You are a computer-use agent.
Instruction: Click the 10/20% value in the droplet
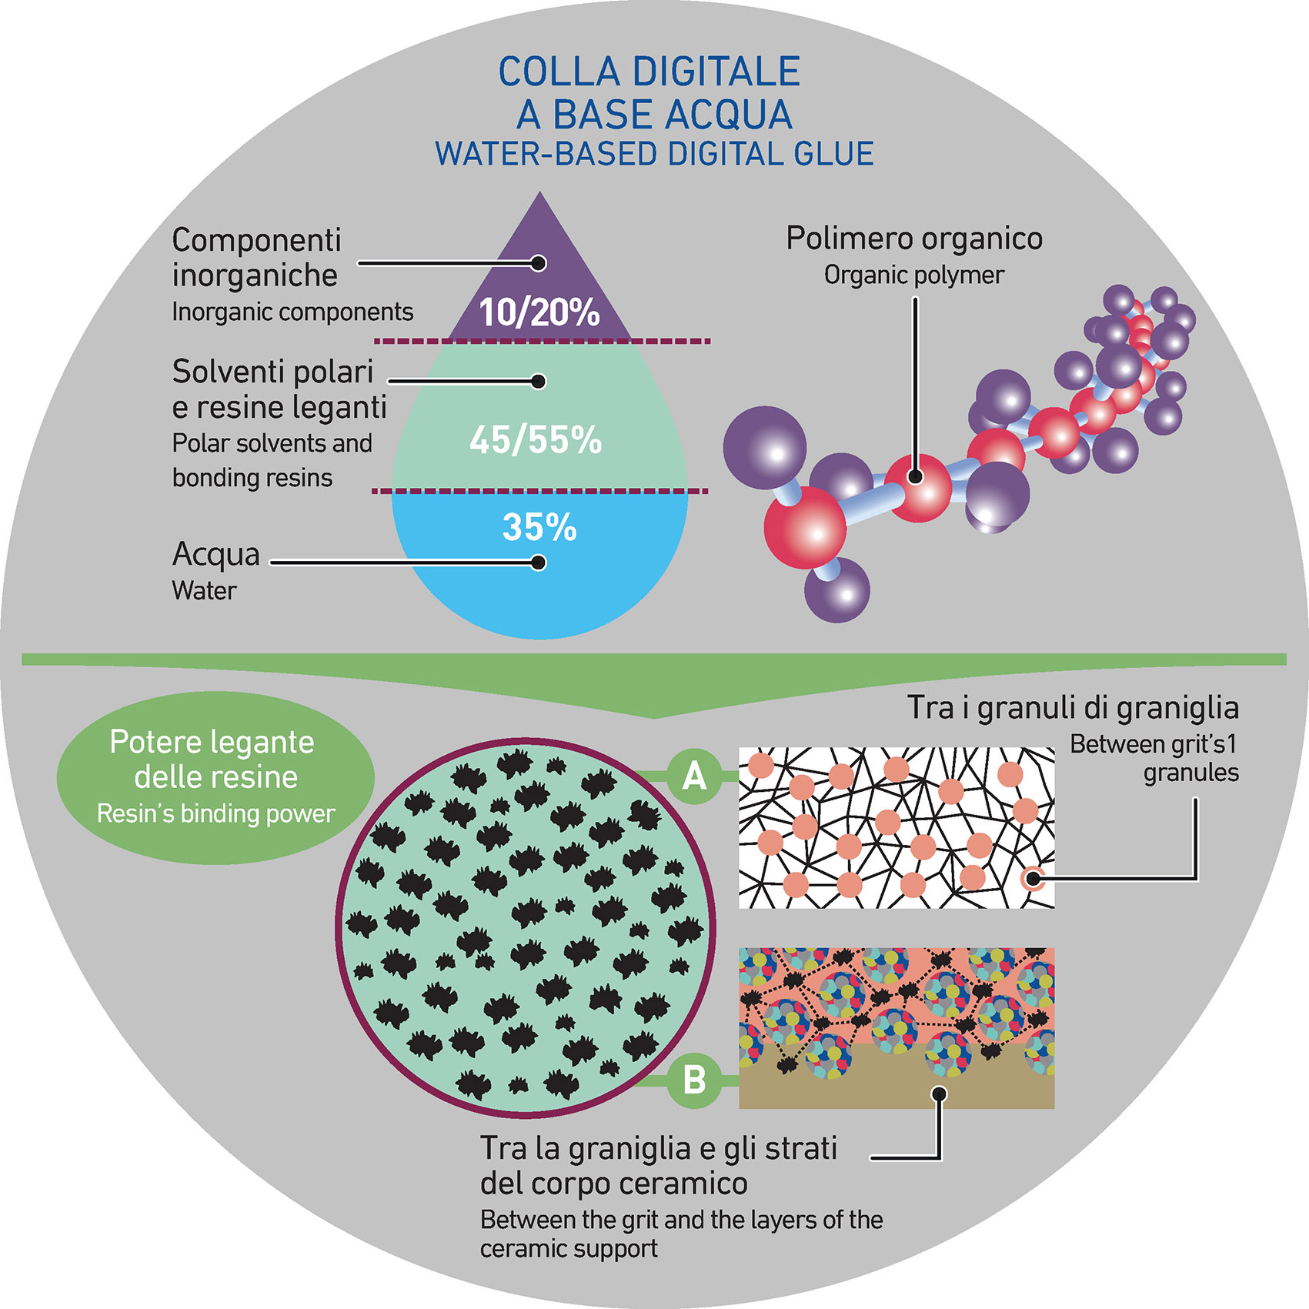point(539,312)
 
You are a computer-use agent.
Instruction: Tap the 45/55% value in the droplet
point(536,440)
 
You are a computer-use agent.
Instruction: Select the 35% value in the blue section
point(539,528)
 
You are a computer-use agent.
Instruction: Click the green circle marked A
point(694,776)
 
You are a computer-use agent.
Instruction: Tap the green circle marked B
point(694,1080)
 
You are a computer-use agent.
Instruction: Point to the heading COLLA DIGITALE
point(649,72)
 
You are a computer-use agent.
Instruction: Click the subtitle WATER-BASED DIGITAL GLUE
point(654,154)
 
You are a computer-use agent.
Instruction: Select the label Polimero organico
point(913,239)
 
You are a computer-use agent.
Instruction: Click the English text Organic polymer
point(913,275)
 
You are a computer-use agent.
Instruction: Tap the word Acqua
point(216,555)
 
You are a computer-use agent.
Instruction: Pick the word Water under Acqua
point(204,590)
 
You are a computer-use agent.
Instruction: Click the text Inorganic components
point(292,312)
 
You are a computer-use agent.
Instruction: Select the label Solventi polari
point(272,372)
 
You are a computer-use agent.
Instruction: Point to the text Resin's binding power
point(215,813)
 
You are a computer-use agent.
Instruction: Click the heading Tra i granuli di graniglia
point(1073,707)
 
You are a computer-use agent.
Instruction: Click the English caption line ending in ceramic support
point(569,1248)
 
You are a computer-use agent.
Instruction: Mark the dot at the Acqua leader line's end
point(539,563)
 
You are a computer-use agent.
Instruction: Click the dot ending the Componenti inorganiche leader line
point(539,263)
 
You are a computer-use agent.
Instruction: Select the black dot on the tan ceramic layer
point(939,1093)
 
